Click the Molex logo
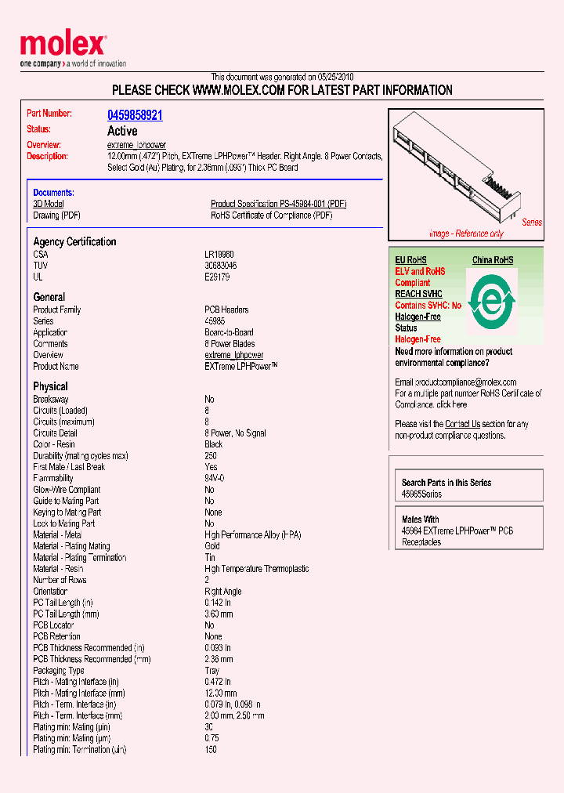click(63, 45)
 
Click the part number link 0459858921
click(135, 114)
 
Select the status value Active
click(122, 131)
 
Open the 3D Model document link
click(48, 204)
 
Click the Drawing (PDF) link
click(56, 215)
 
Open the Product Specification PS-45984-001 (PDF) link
click(278, 204)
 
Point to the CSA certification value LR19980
click(219, 255)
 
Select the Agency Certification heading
click(74, 242)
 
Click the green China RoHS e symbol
click(491, 300)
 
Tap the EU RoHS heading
click(410, 260)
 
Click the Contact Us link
click(462, 424)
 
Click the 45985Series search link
click(421, 494)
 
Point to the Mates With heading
click(421, 520)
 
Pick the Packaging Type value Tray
click(213, 671)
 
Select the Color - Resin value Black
click(214, 444)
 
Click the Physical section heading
click(50, 386)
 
